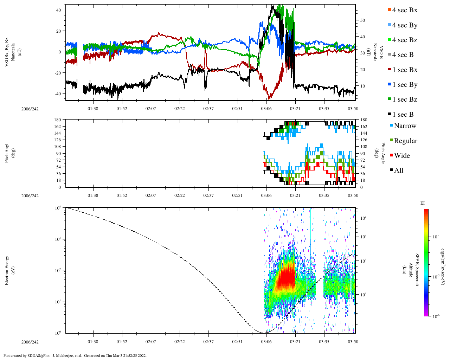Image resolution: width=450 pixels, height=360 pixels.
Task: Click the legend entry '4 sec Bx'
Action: click(x=404, y=10)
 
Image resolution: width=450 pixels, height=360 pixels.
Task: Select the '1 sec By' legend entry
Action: click(x=404, y=85)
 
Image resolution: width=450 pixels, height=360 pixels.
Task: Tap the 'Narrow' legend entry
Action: click(x=405, y=126)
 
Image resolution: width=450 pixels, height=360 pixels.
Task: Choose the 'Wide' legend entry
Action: click(x=401, y=156)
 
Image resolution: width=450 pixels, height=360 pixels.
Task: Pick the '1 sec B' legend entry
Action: click(x=403, y=115)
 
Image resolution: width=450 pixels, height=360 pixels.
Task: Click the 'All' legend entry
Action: click(x=398, y=171)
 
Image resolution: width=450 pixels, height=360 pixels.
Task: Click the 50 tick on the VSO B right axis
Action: click(x=362, y=20)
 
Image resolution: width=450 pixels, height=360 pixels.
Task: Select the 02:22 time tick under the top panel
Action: click(x=180, y=109)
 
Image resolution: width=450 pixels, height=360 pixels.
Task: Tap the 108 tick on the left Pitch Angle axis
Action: click(x=58, y=147)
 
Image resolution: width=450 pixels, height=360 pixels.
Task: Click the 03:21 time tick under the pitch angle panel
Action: click(x=295, y=195)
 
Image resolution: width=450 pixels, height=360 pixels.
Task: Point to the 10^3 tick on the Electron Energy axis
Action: click(x=57, y=239)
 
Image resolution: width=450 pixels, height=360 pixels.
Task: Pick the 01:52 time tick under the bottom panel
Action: click(x=122, y=342)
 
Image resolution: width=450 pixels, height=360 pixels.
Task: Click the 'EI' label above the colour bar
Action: click(x=423, y=203)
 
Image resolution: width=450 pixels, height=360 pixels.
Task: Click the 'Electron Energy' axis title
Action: click(x=7, y=270)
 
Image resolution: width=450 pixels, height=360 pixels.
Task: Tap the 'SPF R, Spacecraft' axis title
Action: click(x=417, y=270)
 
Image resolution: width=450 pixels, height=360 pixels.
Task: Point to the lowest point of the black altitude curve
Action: click(x=263, y=333)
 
